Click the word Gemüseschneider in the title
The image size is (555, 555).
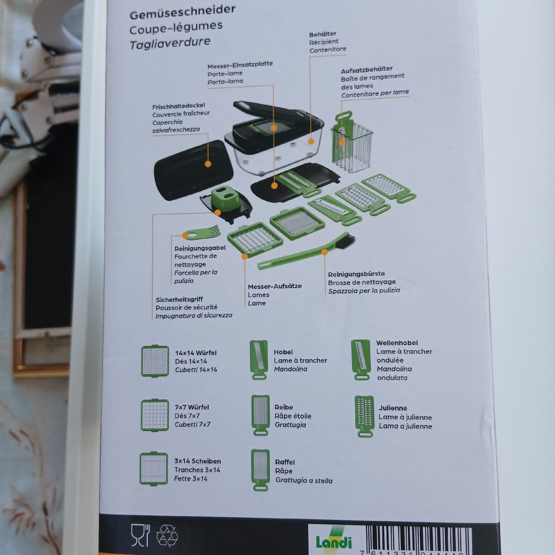182,12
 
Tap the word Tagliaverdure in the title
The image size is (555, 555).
170,44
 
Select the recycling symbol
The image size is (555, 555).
167,536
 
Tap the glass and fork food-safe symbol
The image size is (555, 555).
141,535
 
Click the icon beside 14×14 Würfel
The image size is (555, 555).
155,361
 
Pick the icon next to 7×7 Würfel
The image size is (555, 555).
155,415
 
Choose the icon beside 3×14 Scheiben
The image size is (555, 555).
154,469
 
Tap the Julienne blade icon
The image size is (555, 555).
364,416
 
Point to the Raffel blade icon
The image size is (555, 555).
260,470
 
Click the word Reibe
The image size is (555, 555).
284,407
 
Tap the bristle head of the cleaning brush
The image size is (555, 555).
345,241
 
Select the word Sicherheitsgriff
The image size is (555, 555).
179,299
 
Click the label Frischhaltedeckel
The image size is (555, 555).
178,106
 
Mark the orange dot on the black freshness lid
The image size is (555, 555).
208,164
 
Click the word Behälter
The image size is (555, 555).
323,35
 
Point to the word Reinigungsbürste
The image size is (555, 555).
356,274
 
